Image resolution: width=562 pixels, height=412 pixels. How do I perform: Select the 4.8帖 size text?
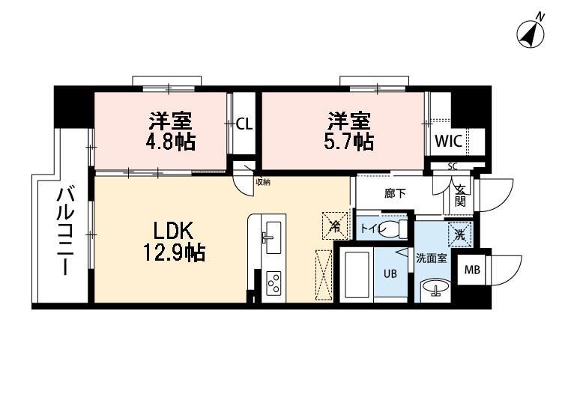coord(169,140)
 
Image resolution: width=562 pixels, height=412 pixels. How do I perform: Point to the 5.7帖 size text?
coord(349,140)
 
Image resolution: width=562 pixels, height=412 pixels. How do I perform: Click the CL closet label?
coord(244,124)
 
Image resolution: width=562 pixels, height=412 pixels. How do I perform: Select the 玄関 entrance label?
coord(459,196)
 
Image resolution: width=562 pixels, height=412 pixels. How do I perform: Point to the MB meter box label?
coord(472,270)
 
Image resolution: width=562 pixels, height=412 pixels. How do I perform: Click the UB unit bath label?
coord(391,274)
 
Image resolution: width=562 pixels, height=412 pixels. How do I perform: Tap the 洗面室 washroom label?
coord(432,258)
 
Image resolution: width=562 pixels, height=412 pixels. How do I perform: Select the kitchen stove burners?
coord(274,283)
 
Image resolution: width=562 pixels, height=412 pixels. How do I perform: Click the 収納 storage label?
coord(262,182)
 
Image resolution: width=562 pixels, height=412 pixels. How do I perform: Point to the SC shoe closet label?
coord(452,166)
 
